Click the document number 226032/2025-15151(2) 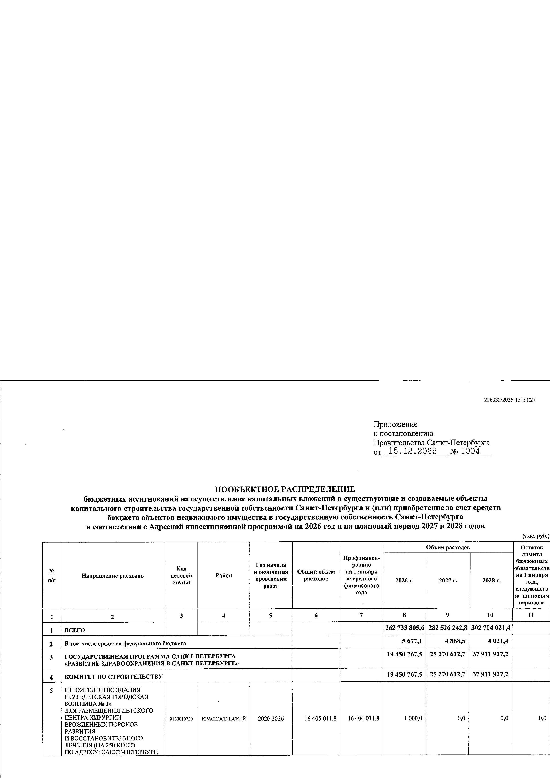tap(509, 400)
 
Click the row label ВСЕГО tap(75, 630)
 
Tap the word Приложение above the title tap(395, 424)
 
